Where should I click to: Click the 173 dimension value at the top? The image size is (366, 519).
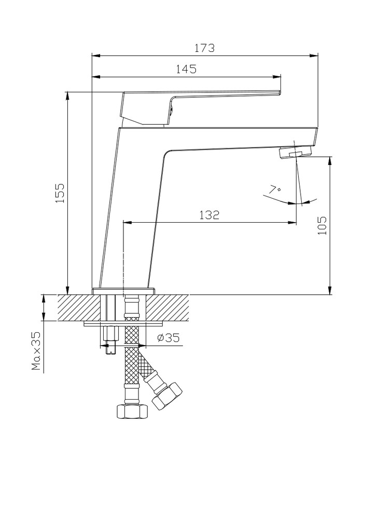[204, 48]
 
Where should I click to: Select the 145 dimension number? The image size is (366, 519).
[186, 69]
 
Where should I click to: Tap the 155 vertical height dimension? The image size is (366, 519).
[60, 193]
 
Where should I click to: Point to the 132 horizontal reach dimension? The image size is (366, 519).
[209, 215]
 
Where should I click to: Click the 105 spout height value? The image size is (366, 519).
[322, 225]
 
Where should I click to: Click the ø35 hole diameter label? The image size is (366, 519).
[167, 338]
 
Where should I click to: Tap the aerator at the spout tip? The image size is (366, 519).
[295, 152]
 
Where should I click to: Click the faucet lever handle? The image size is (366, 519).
[202, 99]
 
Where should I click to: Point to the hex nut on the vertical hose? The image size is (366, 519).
[131, 412]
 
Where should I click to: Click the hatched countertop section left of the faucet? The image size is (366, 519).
[75, 307]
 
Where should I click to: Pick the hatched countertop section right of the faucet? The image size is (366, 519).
[171, 307]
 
